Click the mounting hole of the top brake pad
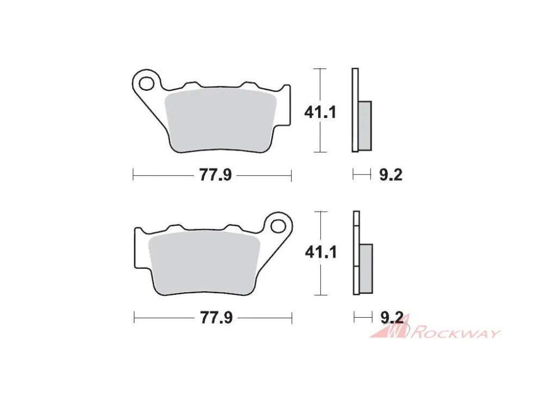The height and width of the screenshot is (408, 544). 146,84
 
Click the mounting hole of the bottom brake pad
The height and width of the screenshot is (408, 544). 278,226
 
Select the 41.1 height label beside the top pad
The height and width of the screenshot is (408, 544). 320,113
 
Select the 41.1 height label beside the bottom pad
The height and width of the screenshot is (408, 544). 321,252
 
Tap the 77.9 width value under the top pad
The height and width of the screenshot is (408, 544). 215,175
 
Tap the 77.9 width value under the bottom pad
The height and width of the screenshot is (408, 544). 216,318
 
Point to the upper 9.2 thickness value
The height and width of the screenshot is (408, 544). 391,175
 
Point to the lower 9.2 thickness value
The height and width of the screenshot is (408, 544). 392,318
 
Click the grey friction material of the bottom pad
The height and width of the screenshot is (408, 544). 205,263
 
